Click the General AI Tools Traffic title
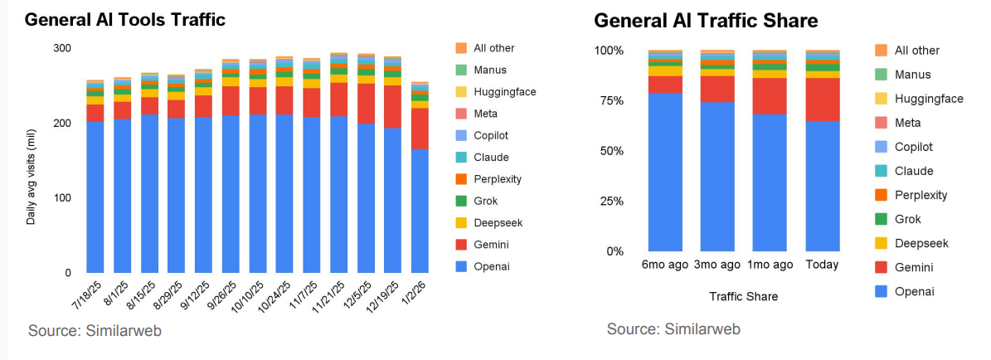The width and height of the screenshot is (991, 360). pos(124,19)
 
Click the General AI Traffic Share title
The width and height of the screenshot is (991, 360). pos(706,21)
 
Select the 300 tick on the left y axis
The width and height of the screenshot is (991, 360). pos(61,48)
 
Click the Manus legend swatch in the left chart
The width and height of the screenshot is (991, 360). pos(462,70)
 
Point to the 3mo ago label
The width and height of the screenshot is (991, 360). pos(717,265)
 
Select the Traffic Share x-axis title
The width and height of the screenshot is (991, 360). pos(743,296)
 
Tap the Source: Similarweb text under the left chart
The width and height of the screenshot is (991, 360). pos(95,330)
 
